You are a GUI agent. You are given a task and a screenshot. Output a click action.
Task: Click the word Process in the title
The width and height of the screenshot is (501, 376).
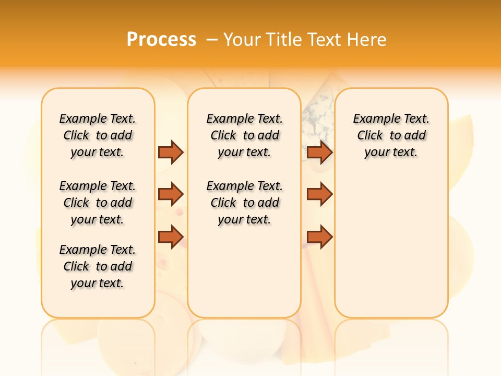(x=161, y=39)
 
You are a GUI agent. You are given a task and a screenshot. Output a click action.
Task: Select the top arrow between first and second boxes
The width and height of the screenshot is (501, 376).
(x=171, y=152)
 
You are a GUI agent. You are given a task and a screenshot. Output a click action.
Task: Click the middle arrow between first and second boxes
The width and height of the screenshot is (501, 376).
(x=171, y=194)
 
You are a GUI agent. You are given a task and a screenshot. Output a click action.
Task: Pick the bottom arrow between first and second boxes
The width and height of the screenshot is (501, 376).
(x=171, y=237)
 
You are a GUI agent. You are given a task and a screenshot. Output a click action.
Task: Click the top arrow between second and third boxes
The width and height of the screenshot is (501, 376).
(x=319, y=152)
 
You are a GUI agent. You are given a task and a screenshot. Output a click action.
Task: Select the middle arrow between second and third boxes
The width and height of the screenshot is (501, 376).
(x=319, y=194)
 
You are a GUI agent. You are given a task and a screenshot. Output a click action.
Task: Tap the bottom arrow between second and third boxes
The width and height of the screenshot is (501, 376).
(x=319, y=237)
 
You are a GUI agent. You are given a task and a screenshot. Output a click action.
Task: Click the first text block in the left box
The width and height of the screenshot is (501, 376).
(x=98, y=135)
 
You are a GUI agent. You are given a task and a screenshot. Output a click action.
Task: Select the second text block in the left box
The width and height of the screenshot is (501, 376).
(x=98, y=203)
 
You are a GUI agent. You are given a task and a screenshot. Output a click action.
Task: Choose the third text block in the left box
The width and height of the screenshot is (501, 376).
(x=98, y=266)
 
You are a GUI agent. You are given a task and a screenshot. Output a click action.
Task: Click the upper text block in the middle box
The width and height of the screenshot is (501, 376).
(x=244, y=135)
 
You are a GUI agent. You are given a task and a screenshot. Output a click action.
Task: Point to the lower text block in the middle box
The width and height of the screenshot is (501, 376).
(x=244, y=203)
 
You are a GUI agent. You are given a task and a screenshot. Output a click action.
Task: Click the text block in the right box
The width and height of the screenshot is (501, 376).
(x=391, y=135)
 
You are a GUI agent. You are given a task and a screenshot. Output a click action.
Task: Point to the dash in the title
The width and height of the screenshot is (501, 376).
(x=212, y=40)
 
